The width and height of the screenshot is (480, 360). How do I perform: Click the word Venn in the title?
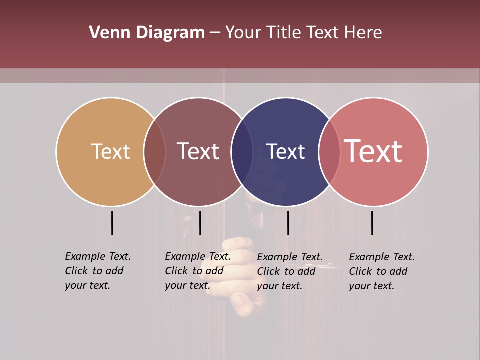coord(105,33)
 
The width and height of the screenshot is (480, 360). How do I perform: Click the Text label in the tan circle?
coord(110,151)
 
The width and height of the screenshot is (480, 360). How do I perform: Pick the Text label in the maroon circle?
coord(198,151)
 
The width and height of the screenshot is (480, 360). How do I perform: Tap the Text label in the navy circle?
coord(285,151)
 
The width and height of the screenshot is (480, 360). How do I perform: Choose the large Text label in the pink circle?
coord(373,151)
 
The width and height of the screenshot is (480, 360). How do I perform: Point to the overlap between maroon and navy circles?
coord(242,151)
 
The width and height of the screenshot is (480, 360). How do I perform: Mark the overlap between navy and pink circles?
coord(329,151)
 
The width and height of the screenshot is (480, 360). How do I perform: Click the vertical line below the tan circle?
coord(112,223)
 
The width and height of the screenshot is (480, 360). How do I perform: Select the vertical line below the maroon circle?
coord(200,223)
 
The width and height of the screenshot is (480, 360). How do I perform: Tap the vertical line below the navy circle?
coord(288,223)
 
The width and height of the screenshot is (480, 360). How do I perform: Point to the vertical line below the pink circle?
coord(372,223)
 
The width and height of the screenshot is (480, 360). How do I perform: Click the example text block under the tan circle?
coord(98,271)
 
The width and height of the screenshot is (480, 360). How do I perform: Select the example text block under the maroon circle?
coord(198,271)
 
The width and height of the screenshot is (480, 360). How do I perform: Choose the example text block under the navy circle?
coord(290,271)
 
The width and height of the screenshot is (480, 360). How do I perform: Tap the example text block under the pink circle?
coord(382,271)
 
